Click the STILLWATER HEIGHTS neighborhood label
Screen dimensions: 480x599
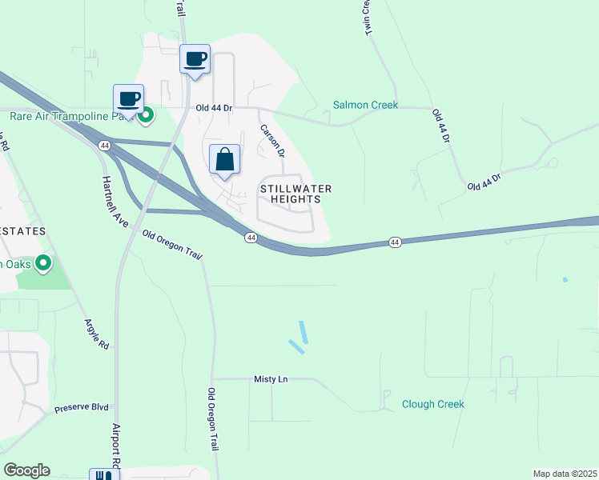[x=295, y=194]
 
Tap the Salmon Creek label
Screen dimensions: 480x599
[x=366, y=105]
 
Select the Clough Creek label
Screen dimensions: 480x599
[x=432, y=404]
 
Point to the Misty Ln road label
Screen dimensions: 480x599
[x=271, y=379]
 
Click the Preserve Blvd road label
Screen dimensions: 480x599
[x=81, y=408]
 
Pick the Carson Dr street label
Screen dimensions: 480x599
[x=271, y=138]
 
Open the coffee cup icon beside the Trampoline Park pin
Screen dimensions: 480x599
[x=128, y=99]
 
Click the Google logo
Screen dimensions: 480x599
[x=26, y=470]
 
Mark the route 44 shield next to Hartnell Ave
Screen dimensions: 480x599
[x=104, y=146]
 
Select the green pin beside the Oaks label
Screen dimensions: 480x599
[x=43, y=262]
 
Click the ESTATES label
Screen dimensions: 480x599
[x=22, y=230]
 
